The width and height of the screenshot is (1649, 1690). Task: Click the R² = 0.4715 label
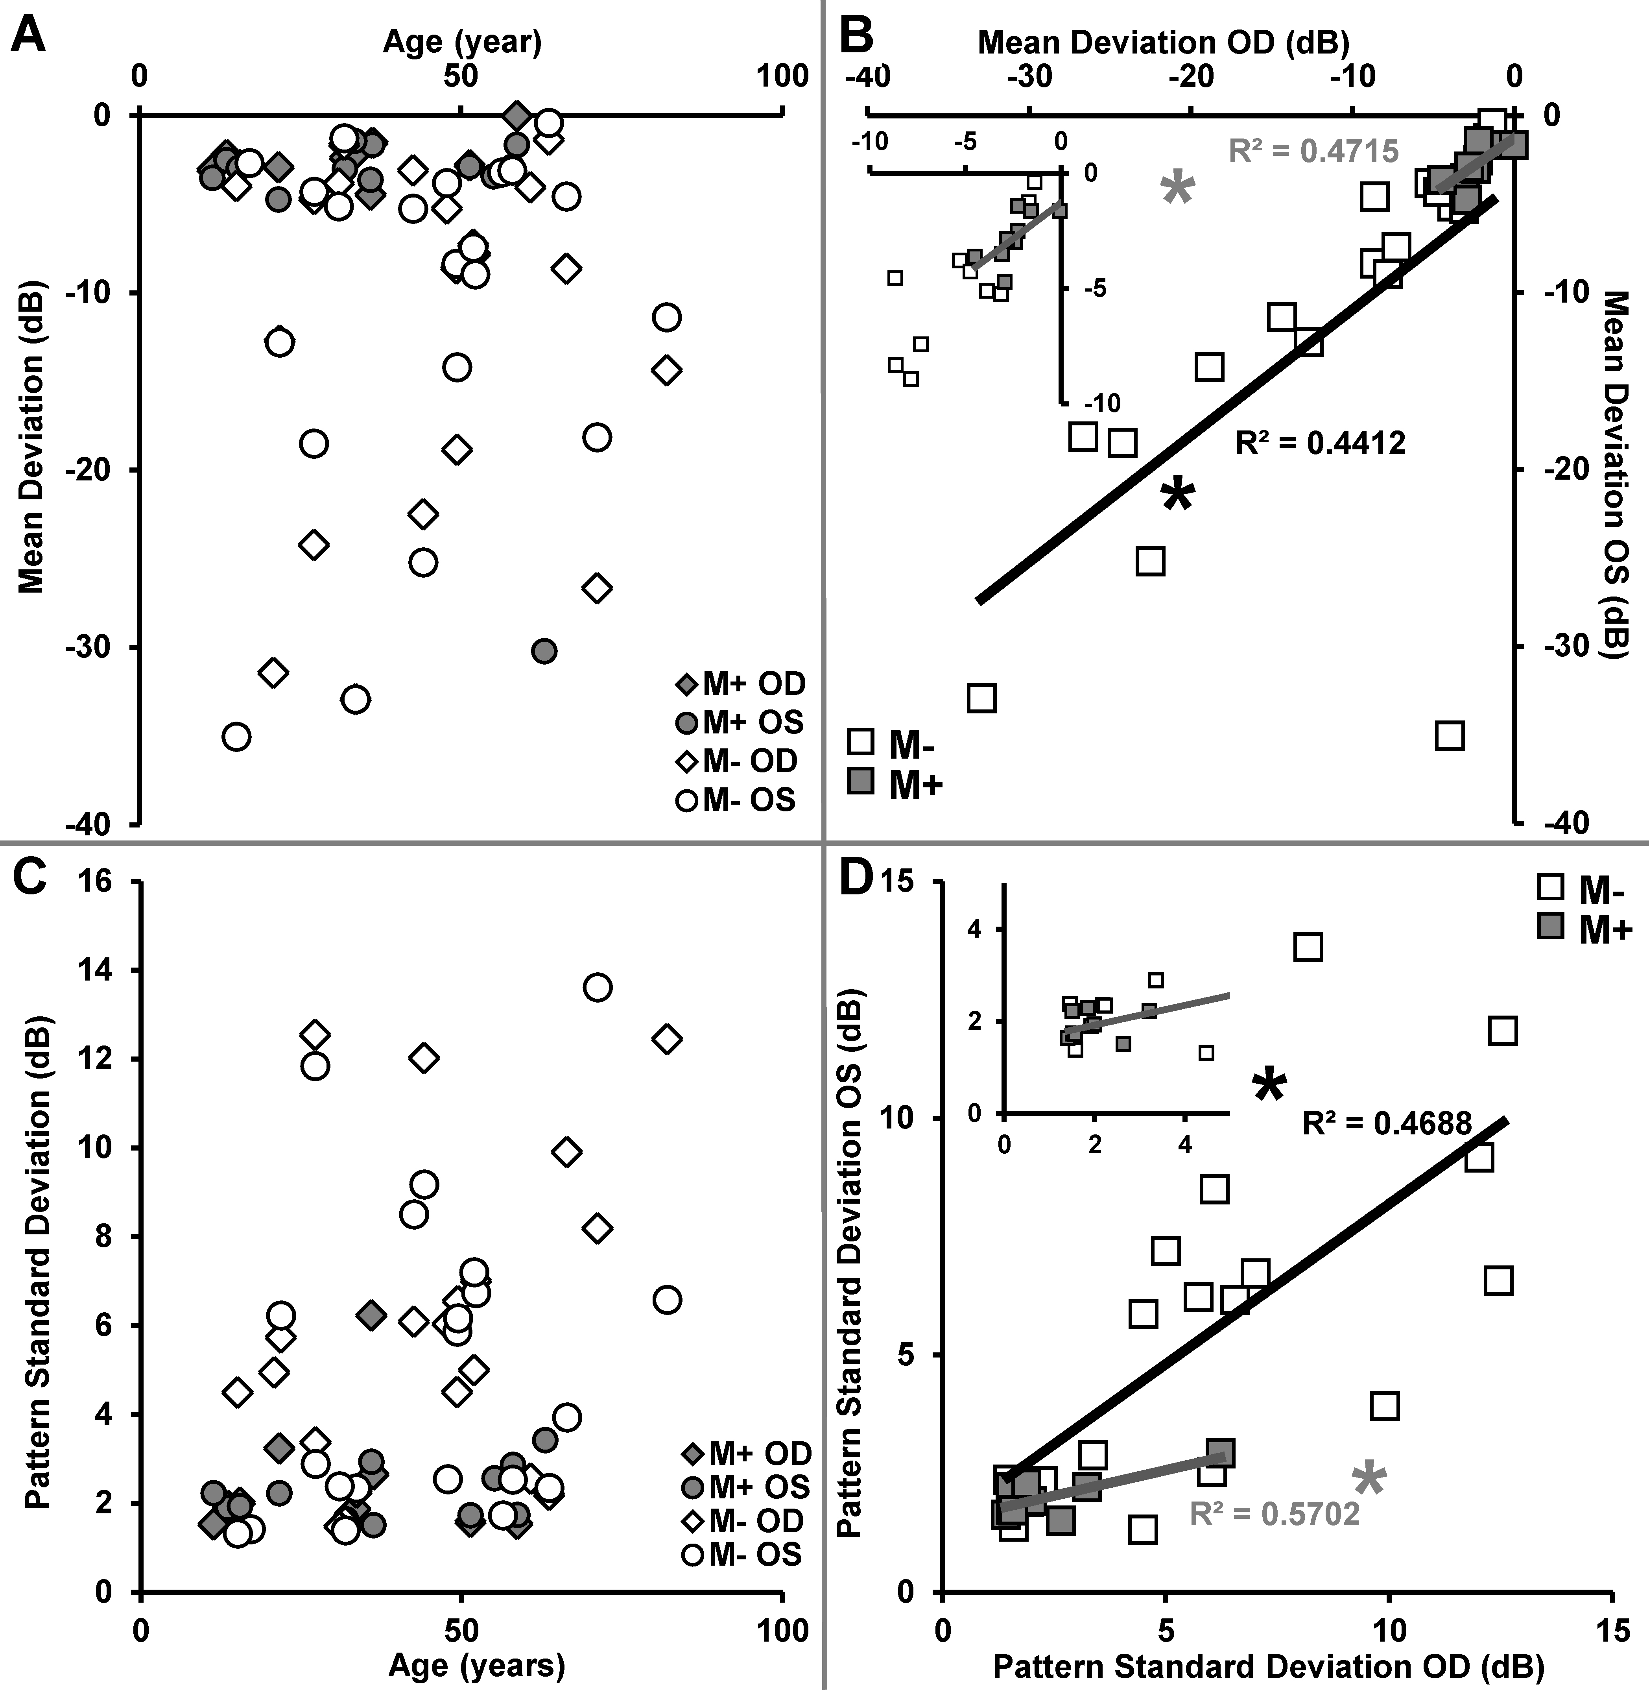pos(1313,151)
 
